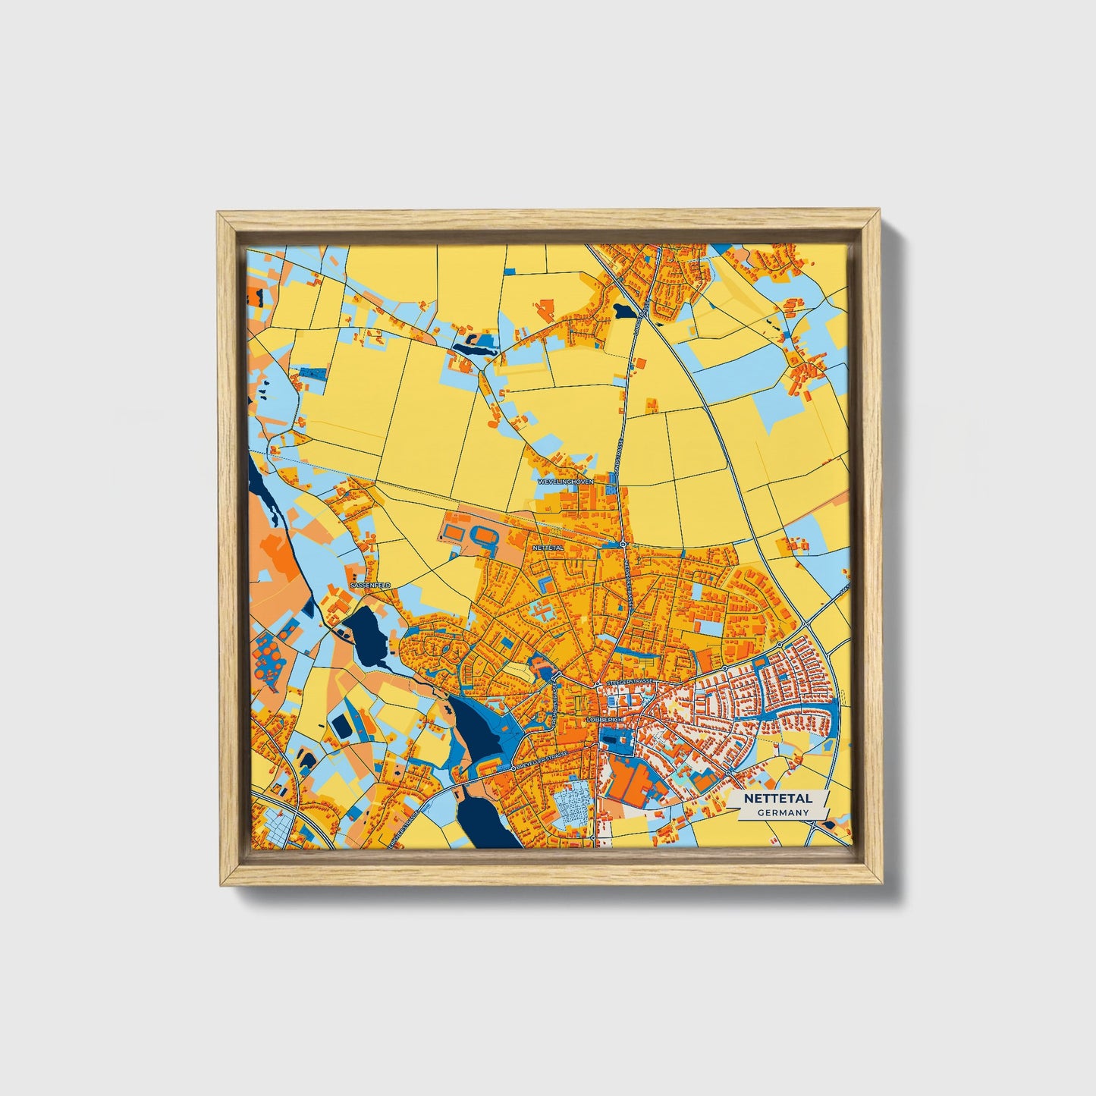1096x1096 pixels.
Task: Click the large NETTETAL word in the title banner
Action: (777, 799)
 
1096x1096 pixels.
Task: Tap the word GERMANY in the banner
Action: (782, 812)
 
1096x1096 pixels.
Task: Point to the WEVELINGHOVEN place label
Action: (565, 482)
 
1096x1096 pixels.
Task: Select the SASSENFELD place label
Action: (370, 586)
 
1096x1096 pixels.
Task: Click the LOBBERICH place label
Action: (605, 719)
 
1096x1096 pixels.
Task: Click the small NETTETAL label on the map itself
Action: (548, 547)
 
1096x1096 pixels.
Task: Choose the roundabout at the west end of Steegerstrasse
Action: (598, 684)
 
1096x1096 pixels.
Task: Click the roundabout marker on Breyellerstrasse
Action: (513, 768)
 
